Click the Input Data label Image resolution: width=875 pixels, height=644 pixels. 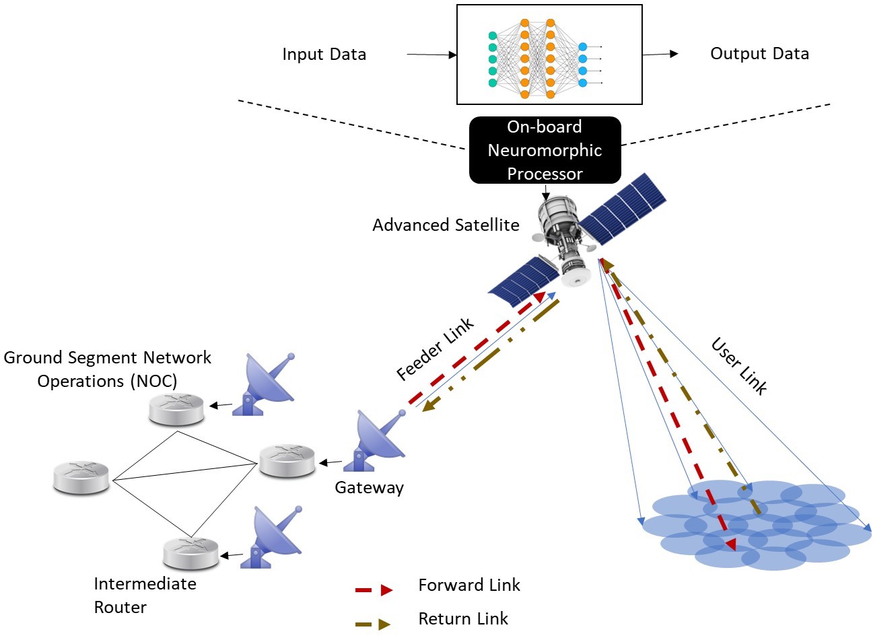click(324, 55)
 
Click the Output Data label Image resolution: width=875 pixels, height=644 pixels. click(759, 54)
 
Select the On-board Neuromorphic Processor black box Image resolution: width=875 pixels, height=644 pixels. click(545, 150)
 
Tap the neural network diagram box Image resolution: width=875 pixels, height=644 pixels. click(549, 55)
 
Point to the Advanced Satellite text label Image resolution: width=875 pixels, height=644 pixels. click(446, 225)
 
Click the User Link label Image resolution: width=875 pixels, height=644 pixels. click(739, 366)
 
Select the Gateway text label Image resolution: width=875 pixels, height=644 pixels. click(369, 487)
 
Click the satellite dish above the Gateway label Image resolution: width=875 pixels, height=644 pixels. click(378, 440)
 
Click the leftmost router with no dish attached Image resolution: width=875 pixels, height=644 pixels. click(81, 478)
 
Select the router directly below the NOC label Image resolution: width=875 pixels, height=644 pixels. click(176, 409)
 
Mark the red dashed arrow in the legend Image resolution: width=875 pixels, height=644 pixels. click(374, 590)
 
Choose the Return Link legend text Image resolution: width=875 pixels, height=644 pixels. click(463, 618)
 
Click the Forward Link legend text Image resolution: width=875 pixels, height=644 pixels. click(469, 585)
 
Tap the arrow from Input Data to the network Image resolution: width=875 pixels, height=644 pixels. click(431, 55)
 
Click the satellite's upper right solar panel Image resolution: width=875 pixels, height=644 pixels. click(623, 209)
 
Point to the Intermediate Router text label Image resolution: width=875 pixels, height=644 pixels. click(145, 595)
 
